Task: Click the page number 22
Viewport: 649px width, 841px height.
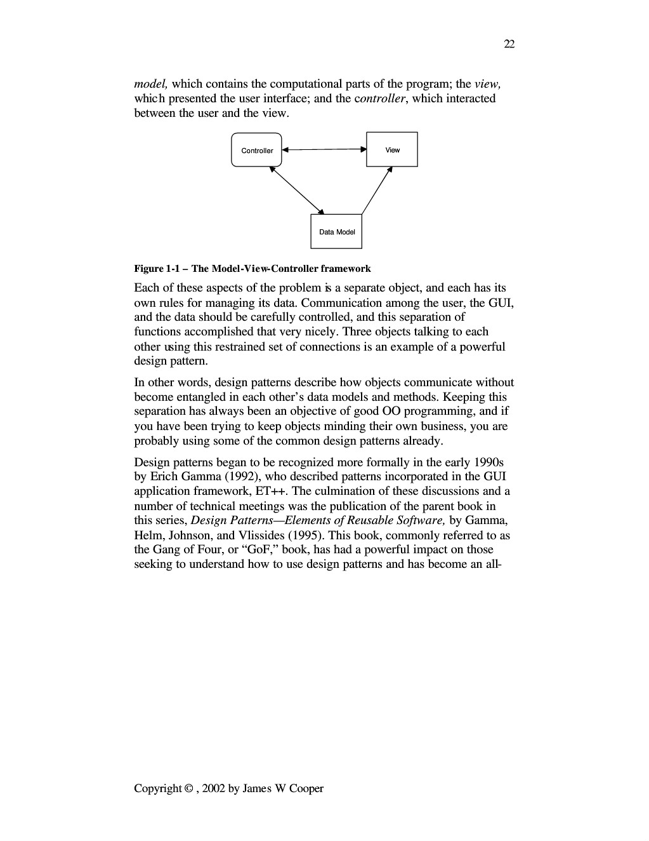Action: pos(509,44)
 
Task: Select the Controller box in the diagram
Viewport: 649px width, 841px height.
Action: pos(256,150)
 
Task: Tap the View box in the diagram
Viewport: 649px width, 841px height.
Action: pos(392,149)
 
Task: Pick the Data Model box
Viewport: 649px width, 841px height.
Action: pos(336,231)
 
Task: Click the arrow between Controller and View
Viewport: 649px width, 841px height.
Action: pos(324,150)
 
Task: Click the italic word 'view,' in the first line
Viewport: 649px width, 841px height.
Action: pos(488,84)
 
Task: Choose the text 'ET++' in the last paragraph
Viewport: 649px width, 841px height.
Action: pos(273,491)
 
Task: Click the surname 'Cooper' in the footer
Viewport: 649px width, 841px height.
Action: pos(306,789)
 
